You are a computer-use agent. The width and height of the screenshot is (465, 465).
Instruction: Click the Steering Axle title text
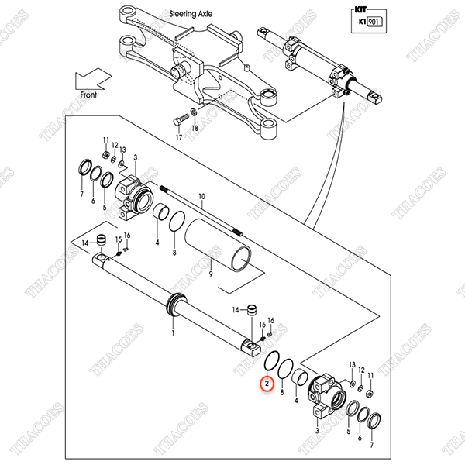point(191,14)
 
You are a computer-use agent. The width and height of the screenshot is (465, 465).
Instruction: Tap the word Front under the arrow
point(88,95)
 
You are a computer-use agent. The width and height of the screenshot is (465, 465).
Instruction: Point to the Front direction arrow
point(93,79)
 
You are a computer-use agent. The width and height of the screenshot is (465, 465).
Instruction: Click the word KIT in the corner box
point(360,10)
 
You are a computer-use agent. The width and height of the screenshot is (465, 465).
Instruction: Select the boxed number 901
point(375,22)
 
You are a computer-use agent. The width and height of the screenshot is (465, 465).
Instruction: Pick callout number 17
point(179,138)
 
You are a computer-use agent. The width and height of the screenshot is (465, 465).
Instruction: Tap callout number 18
point(195,128)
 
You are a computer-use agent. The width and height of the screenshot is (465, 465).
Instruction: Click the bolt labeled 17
point(180,119)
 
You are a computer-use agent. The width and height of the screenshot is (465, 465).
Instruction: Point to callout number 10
point(201,196)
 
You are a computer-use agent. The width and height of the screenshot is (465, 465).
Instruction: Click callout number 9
point(211,274)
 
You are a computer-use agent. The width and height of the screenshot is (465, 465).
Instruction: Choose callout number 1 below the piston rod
point(173,333)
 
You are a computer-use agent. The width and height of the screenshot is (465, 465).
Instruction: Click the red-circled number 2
point(267,384)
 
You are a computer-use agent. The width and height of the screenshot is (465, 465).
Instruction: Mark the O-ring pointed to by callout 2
point(271,360)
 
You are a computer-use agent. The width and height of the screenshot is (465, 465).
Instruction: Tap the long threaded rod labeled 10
point(201,211)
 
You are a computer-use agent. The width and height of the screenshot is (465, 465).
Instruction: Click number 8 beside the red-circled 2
point(282,392)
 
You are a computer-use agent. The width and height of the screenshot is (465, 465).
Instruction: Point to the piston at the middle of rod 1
point(177,305)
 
